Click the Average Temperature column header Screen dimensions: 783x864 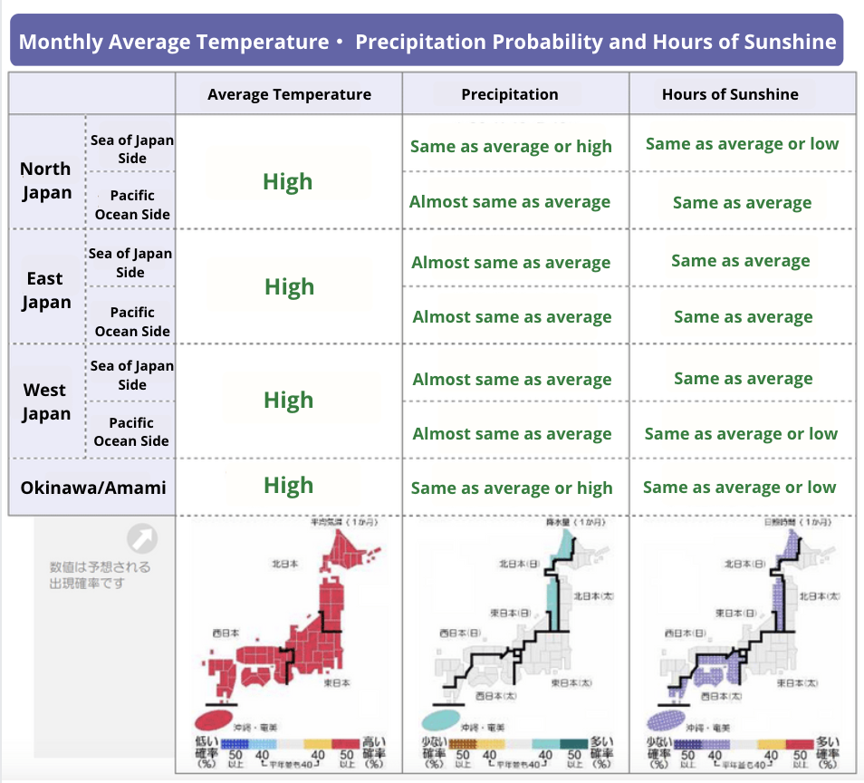(x=289, y=94)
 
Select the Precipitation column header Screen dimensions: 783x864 (x=510, y=94)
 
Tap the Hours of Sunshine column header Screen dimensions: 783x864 (x=730, y=94)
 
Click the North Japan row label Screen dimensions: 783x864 (x=46, y=180)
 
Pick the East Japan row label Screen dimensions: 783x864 (x=45, y=290)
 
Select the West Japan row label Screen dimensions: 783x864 (x=45, y=401)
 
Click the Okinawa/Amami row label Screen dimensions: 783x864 (x=93, y=488)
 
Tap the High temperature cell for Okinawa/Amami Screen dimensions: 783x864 (x=288, y=486)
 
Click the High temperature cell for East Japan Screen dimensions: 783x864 (x=289, y=287)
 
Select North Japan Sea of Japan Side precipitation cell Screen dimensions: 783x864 (x=511, y=147)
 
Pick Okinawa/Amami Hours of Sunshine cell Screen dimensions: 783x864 (x=739, y=488)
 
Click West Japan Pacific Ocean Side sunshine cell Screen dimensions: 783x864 (x=741, y=434)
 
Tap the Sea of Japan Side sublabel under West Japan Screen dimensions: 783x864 (x=132, y=375)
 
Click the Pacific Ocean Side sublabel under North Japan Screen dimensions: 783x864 (x=132, y=205)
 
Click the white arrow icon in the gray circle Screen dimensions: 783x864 (x=142, y=539)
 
